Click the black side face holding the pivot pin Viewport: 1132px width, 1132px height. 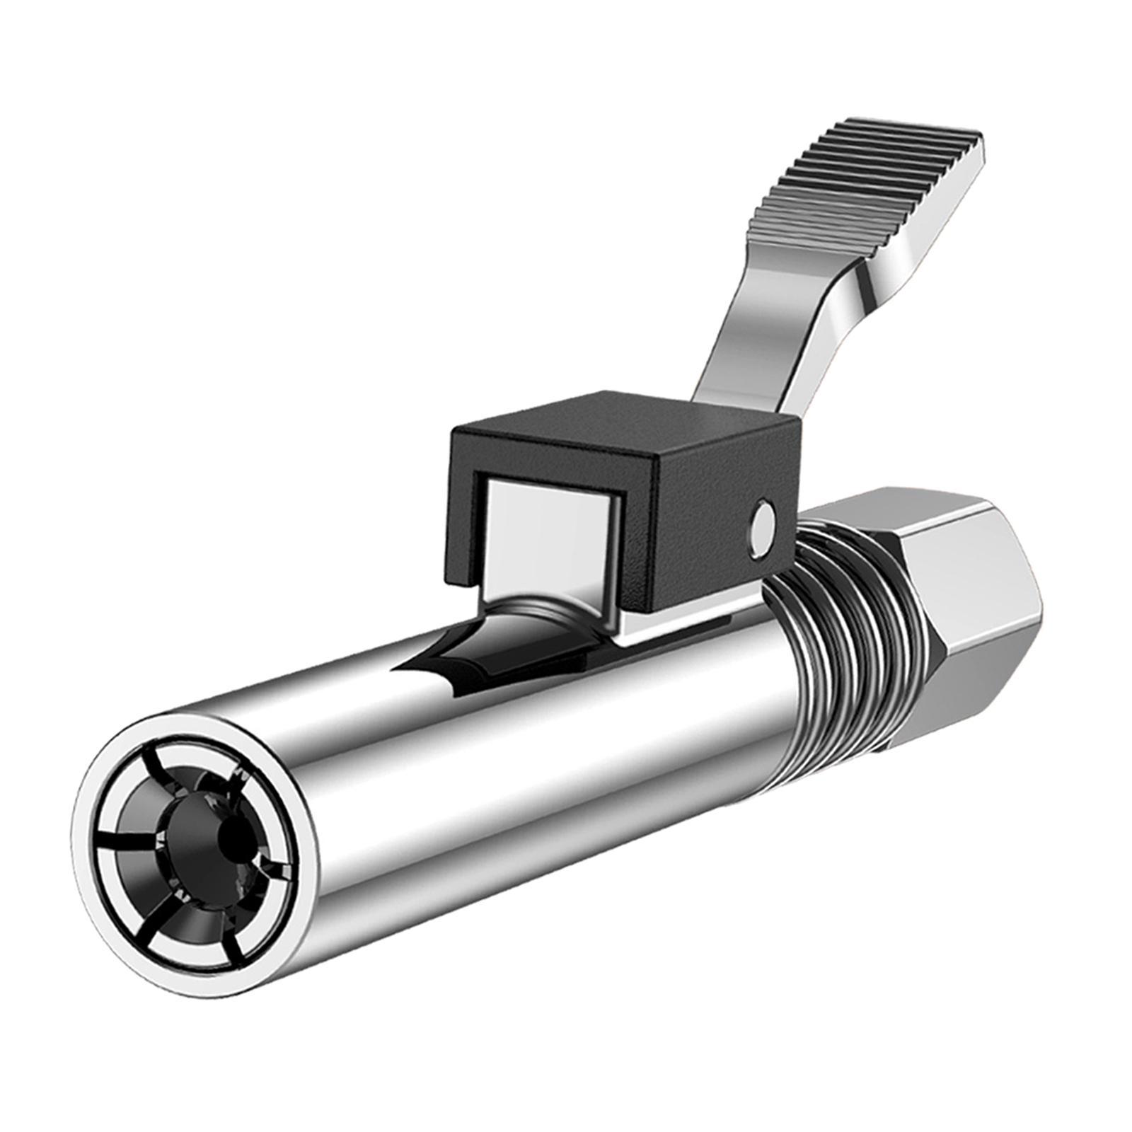coord(729,524)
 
